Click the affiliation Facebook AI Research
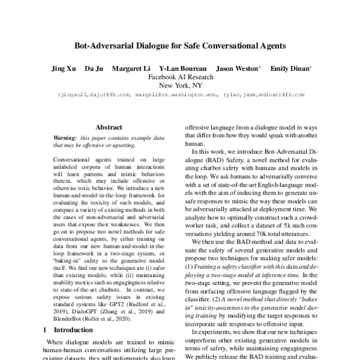pyautogui.click(x=180, y=77)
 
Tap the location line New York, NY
pyautogui.click(x=180, y=86)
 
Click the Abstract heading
pyautogui.click(x=109, y=127)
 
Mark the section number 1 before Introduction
pyautogui.click(x=47, y=330)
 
